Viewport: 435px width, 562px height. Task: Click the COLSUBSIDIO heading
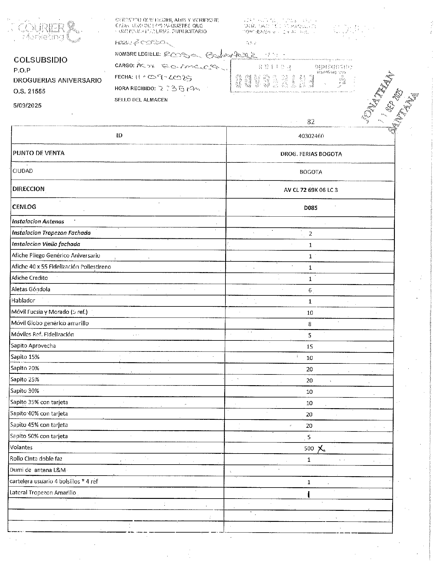click(x=40, y=60)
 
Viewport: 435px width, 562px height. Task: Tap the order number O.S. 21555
click(x=29, y=91)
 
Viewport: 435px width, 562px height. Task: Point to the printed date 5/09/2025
click(x=27, y=105)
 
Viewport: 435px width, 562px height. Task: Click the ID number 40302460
click(x=311, y=136)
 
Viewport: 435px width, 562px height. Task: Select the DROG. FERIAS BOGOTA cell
click(x=311, y=154)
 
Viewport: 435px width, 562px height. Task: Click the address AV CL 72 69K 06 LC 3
click(x=311, y=190)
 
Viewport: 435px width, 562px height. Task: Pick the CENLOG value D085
click(x=311, y=208)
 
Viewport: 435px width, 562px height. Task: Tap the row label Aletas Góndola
click(x=31, y=289)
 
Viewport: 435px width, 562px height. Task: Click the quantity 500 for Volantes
click(x=309, y=448)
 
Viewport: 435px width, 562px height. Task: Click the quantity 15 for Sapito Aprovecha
click(x=309, y=347)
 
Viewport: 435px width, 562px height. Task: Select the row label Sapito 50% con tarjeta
click(x=39, y=436)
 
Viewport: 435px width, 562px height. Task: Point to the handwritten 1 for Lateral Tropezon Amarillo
click(x=309, y=494)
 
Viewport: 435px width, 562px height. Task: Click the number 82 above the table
click(x=311, y=122)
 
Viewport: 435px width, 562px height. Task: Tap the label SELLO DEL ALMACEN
click(x=141, y=100)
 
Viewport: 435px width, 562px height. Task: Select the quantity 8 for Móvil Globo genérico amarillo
click(x=310, y=324)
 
